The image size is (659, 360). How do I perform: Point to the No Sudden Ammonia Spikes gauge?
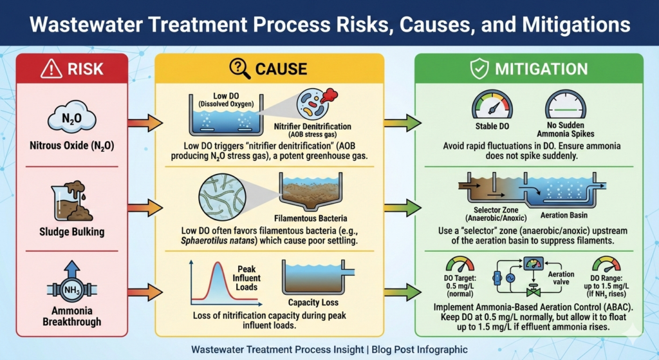(566, 105)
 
